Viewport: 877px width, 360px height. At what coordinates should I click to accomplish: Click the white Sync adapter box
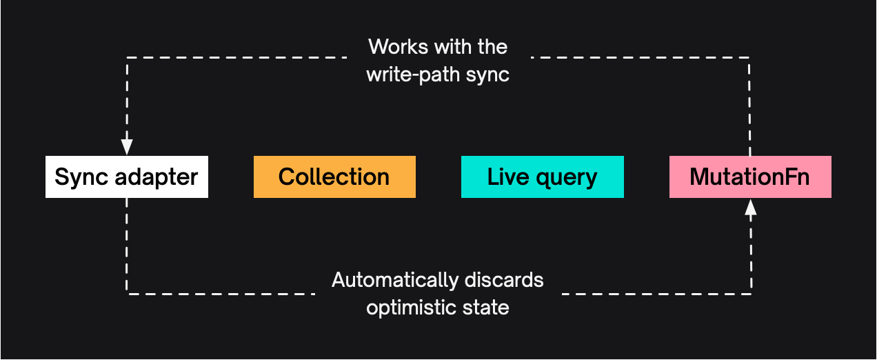pyautogui.click(x=126, y=177)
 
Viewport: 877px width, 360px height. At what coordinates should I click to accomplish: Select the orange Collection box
pyautogui.click(x=334, y=177)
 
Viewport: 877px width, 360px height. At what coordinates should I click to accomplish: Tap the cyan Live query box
pyautogui.click(x=542, y=177)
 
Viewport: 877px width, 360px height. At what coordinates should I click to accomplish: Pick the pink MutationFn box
pyautogui.click(x=750, y=177)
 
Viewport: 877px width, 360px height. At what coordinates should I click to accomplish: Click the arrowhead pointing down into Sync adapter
pyautogui.click(x=127, y=146)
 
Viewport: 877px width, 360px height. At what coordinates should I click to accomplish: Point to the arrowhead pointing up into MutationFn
pyautogui.click(x=751, y=207)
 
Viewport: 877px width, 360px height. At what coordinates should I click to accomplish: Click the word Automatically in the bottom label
pyautogui.click(x=394, y=281)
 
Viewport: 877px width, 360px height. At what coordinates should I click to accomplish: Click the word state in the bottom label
pyautogui.click(x=486, y=307)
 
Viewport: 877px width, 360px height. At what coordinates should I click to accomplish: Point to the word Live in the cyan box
pyautogui.click(x=503, y=177)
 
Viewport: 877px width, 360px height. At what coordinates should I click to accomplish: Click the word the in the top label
pyautogui.click(x=492, y=47)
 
